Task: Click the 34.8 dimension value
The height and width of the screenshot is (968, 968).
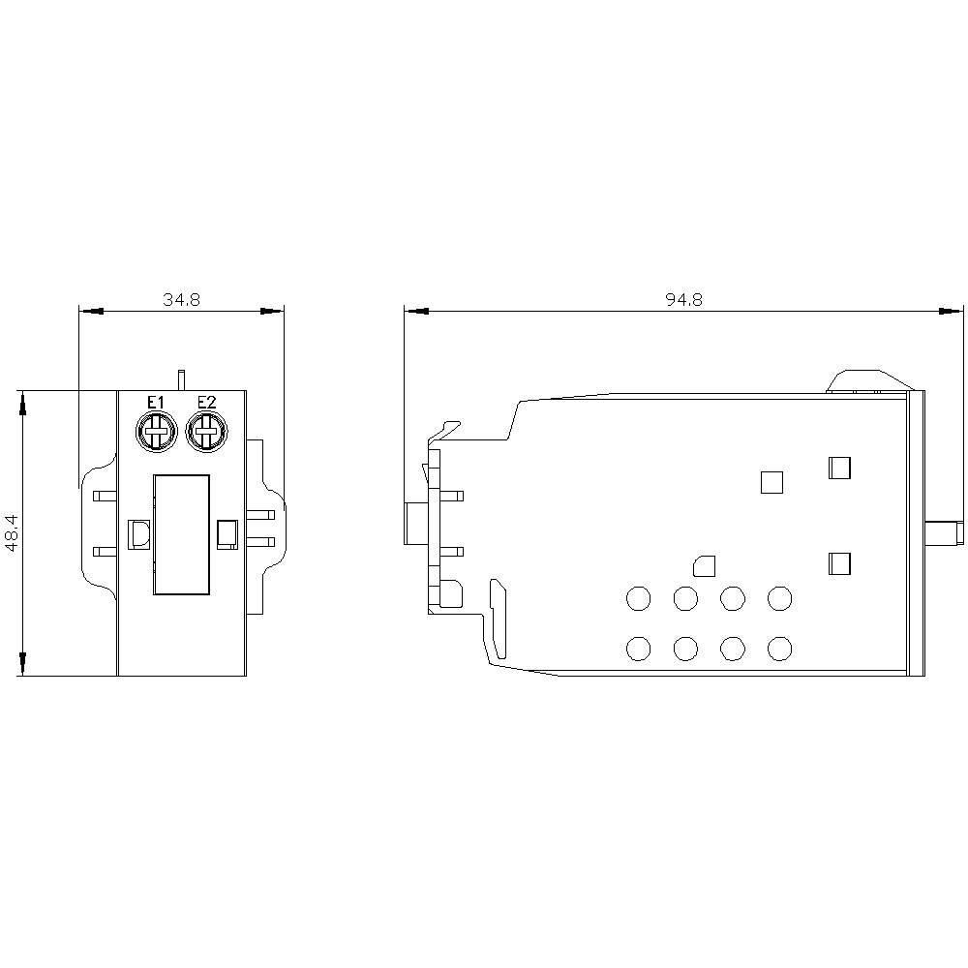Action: coord(181,300)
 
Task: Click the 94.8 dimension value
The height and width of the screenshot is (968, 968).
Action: coord(683,300)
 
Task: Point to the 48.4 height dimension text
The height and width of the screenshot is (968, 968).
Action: coord(11,532)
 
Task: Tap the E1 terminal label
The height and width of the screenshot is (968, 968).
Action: coord(155,403)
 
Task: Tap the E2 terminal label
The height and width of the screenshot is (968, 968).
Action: coord(206,403)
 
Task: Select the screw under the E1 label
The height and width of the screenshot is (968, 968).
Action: coord(155,431)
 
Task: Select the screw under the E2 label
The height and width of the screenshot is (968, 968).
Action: coord(205,431)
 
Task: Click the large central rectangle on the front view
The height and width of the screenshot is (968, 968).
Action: coord(180,533)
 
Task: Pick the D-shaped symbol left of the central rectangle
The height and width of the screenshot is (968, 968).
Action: coord(138,534)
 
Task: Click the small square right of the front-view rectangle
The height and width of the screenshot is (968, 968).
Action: coord(227,534)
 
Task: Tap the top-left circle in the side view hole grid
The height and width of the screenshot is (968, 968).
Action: coord(638,599)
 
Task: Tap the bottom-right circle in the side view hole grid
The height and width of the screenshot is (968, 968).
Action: coord(780,648)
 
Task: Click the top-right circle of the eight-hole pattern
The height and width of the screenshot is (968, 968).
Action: coord(780,599)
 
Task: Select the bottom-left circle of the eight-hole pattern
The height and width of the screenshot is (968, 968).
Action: coord(638,648)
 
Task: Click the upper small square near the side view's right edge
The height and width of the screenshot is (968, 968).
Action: coord(839,469)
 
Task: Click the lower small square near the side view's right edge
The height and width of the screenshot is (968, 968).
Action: coord(839,563)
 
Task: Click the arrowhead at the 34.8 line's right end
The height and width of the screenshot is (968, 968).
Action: coord(274,312)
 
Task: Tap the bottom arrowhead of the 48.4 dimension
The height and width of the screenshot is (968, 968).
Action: coord(22,665)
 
